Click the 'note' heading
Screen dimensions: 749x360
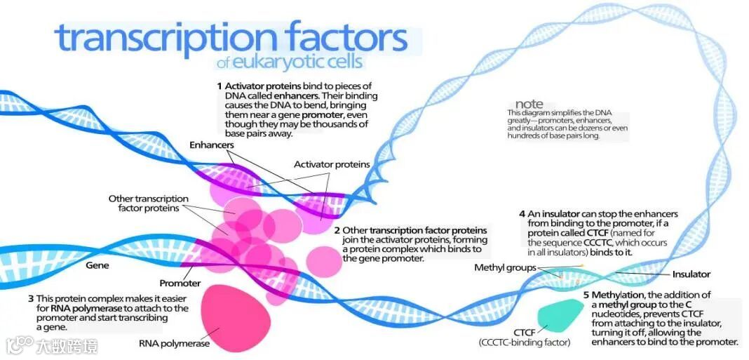[529, 104]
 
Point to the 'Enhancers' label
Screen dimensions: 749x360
[211, 145]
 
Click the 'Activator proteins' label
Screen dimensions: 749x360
[332, 164]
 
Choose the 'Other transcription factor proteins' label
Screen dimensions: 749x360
[148, 203]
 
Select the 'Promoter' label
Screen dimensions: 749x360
[180, 284]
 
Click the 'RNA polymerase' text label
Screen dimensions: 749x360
[174, 344]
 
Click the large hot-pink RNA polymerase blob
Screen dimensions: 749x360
[236, 318]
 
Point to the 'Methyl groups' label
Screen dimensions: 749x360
[505, 267]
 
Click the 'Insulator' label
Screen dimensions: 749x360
[691, 274]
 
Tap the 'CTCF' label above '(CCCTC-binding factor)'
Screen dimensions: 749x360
[525, 331]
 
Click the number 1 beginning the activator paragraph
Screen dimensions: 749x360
[219, 85]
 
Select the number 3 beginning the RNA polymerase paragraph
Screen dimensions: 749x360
[31, 298]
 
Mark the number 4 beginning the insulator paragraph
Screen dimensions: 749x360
[522, 213]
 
